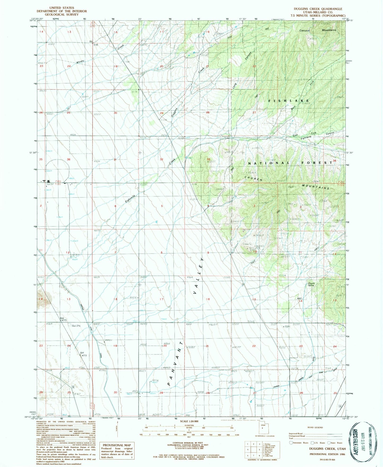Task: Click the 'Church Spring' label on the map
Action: click(x=311, y=284)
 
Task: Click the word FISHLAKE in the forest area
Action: click(x=289, y=101)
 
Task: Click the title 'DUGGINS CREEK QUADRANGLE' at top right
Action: click(x=318, y=9)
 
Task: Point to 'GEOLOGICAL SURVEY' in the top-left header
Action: click(x=61, y=15)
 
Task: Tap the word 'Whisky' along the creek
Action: click(x=80, y=62)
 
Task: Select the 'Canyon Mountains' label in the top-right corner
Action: click(x=318, y=30)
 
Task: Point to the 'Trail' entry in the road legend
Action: click(x=291, y=438)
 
